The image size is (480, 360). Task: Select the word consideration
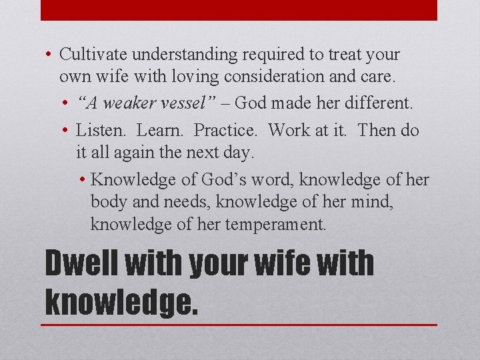point(270,77)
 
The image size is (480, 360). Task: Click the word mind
point(373,202)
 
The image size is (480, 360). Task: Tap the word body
point(108,202)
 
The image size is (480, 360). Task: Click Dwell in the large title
point(81,265)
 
